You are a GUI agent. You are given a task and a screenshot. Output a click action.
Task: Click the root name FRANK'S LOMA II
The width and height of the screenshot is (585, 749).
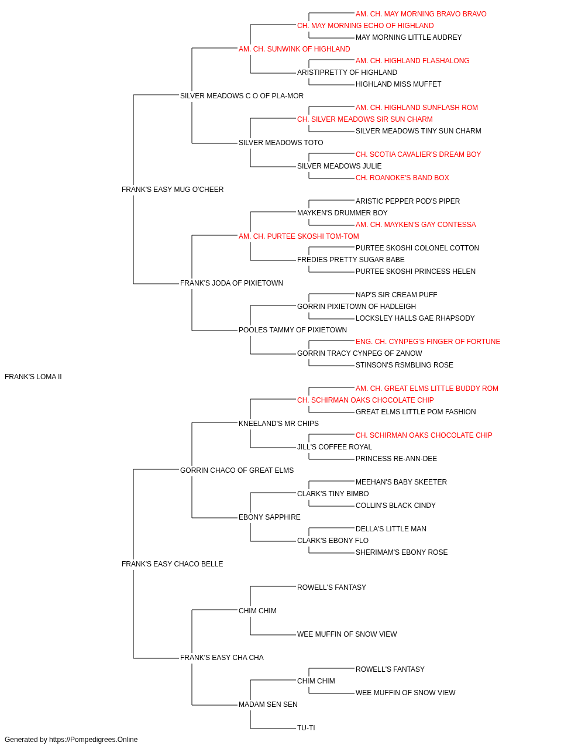[33, 377]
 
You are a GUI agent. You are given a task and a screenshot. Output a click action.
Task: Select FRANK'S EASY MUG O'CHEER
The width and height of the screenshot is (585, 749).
[173, 190]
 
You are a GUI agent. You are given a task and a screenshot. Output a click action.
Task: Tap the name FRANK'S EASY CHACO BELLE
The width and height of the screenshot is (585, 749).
[172, 564]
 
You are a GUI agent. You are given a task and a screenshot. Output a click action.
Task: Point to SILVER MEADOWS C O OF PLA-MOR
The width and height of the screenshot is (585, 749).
[242, 96]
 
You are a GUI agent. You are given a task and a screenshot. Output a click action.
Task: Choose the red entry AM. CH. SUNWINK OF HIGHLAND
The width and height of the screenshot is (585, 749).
[294, 49]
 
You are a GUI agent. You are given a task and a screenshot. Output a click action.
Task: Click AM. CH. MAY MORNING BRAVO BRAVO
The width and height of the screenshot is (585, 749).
[421, 14]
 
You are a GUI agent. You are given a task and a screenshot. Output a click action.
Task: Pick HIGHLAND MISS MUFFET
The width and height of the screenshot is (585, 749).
[398, 84]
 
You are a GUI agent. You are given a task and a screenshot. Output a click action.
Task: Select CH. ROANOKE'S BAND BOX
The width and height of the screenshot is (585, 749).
[402, 178]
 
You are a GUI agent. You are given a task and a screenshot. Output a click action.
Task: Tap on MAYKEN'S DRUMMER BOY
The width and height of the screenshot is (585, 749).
[342, 213]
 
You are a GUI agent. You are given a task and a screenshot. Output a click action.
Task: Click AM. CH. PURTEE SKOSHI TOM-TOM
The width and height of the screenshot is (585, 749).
[299, 236]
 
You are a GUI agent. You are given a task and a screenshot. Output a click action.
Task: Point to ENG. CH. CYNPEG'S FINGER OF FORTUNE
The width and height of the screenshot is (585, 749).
[428, 342]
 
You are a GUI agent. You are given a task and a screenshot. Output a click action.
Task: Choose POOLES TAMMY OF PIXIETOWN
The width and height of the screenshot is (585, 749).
[293, 330]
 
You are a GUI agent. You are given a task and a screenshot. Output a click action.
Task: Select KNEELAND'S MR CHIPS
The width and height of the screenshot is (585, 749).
[278, 424]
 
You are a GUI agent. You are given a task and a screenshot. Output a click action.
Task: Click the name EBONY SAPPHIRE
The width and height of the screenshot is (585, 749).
[270, 517]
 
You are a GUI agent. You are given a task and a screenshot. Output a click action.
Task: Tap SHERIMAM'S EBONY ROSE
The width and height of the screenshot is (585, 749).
[402, 552]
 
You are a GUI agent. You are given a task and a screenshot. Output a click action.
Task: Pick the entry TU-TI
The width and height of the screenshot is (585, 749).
[306, 727]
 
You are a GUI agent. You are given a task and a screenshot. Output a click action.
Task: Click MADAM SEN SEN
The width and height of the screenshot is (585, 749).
[268, 704]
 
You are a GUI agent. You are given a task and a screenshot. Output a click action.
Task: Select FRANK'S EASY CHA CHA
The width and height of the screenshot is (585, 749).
[222, 658]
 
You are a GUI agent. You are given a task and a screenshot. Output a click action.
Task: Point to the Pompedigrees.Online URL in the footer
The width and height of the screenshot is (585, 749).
[94, 740]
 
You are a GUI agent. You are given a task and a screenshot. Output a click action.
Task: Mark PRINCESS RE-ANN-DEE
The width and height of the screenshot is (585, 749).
[396, 459]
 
